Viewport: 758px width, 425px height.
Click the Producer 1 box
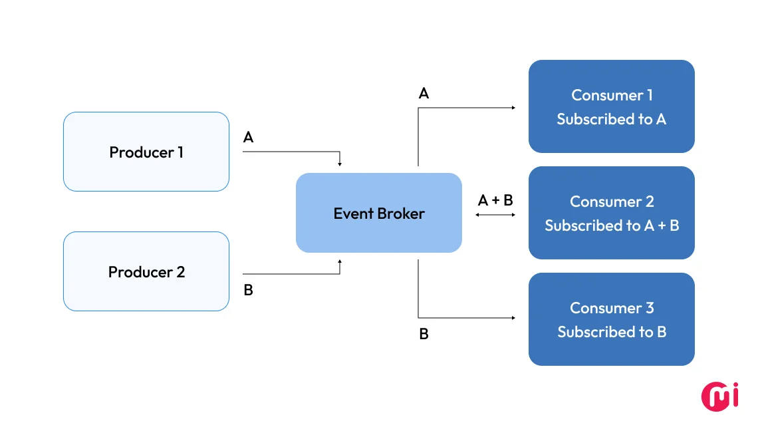pos(146,152)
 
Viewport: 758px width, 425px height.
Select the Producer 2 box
pos(146,271)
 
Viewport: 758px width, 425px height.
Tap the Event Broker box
pos(379,213)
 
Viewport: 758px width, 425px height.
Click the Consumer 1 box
pos(612,106)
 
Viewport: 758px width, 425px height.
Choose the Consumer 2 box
pos(612,213)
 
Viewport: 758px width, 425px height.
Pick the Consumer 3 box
pos(612,319)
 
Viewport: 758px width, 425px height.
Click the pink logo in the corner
pos(721,396)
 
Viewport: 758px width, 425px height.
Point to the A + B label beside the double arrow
pos(495,200)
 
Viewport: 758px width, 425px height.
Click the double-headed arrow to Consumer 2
pos(495,215)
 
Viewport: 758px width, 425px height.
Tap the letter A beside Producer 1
pos(248,138)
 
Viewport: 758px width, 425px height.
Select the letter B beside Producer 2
pos(248,291)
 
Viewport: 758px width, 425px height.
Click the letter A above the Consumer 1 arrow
pos(424,94)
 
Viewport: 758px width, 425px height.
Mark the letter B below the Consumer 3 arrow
pos(424,334)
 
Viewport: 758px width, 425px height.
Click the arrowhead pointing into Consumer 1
pos(513,107)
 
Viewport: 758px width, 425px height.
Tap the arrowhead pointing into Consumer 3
pos(513,318)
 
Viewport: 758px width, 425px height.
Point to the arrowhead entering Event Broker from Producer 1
pos(340,164)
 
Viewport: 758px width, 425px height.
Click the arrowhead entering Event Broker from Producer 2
pos(340,262)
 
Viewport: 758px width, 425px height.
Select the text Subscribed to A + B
pos(612,225)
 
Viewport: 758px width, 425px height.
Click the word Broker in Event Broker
pos(402,213)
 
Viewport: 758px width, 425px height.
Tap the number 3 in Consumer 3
pos(649,308)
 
